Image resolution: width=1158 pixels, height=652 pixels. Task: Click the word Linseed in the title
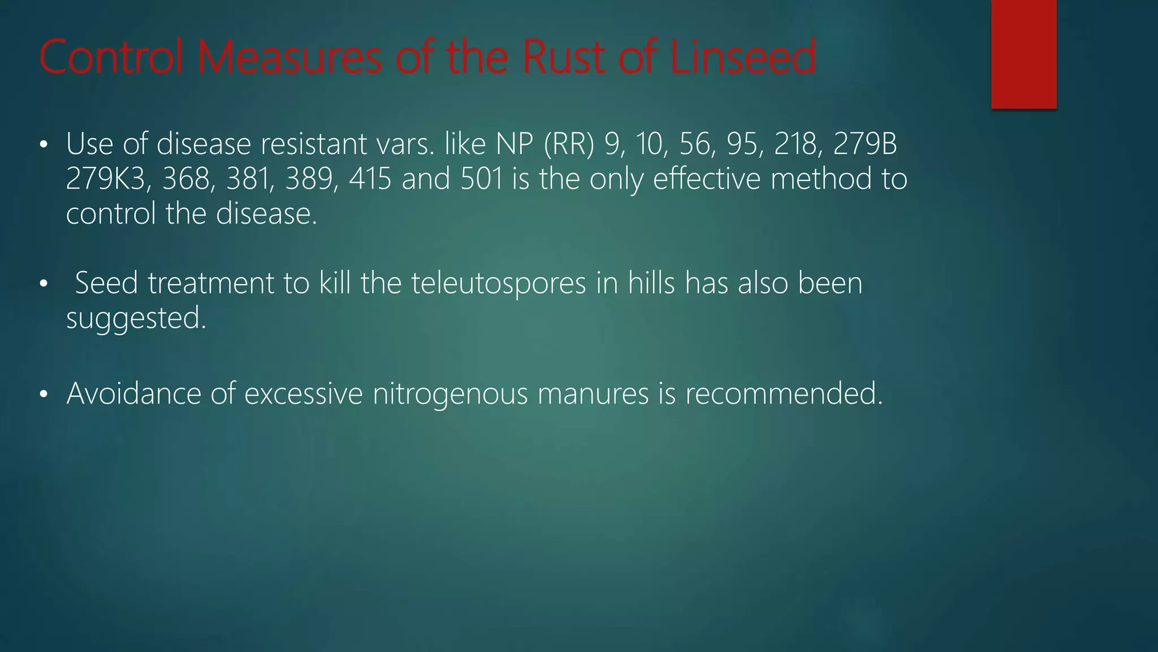point(743,57)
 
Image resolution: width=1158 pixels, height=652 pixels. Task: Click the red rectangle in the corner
point(1023,54)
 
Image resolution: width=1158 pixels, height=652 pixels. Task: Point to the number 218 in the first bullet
point(798,144)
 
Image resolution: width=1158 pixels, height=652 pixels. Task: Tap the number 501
point(482,179)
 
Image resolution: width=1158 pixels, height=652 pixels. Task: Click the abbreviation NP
point(515,144)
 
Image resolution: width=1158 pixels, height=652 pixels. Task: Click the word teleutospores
point(498,283)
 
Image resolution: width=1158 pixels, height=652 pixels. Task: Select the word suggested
point(136,318)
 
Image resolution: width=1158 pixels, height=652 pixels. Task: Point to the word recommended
point(784,393)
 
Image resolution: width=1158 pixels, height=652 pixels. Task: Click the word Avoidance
point(133,393)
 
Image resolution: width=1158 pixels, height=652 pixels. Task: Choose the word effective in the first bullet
point(707,179)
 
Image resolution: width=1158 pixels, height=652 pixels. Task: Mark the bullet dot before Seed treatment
point(44,284)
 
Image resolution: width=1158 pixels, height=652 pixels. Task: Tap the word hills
point(651,283)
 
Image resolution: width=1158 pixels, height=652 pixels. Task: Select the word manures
point(593,393)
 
